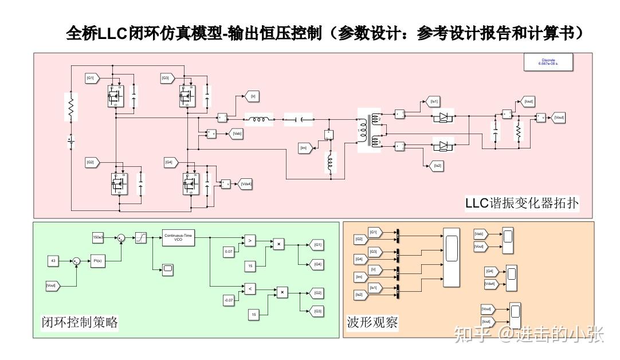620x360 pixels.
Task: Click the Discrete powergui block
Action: (549, 62)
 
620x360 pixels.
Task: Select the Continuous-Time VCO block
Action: (178, 239)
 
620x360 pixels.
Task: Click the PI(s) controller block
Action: (97, 261)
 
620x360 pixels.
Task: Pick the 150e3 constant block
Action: (98, 236)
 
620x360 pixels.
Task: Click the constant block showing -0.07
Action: (229, 299)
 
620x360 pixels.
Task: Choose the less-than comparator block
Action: (250, 289)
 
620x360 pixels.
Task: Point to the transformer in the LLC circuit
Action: (367, 130)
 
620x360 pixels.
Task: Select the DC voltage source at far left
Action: (70, 140)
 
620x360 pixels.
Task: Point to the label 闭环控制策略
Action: (80, 322)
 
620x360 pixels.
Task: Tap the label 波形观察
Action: (372, 322)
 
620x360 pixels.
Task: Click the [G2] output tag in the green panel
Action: (317, 292)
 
